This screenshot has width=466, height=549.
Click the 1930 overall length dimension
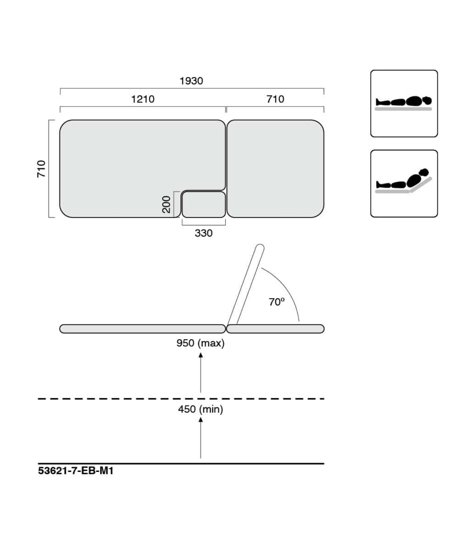point(191,81)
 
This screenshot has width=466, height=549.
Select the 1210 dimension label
point(143,99)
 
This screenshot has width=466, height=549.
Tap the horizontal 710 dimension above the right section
point(275,99)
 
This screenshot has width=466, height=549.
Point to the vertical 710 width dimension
point(41,169)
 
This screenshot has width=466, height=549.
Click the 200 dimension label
point(166,205)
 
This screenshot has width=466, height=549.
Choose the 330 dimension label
point(204,233)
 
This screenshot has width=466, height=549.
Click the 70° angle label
point(277,302)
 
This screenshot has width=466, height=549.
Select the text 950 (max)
point(200,343)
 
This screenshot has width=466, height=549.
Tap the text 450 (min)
point(200,409)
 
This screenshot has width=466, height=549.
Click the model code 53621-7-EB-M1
point(76,471)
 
